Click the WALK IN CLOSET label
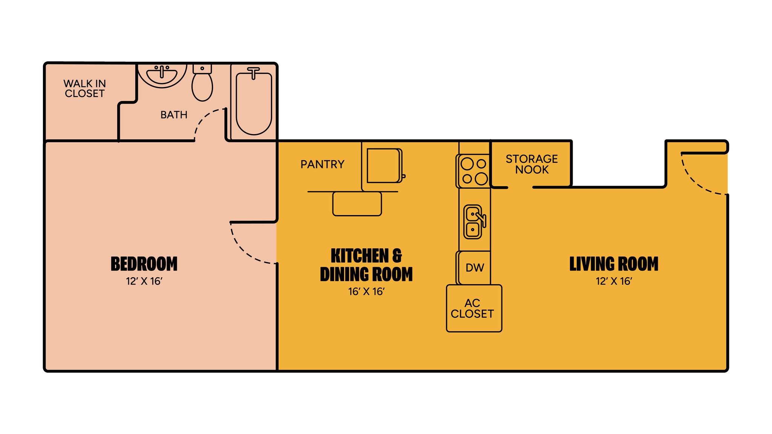point(84,89)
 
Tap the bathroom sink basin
point(162,75)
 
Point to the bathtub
point(254,104)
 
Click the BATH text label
point(174,115)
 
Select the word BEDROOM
point(144,264)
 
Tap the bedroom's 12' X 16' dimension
point(144,281)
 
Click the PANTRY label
point(322,165)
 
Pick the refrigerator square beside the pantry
point(383,166)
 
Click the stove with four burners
point(474,171)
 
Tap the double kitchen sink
point(473,222)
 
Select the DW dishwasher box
point(475,268)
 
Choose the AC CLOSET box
point(474,309)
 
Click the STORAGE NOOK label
point(532,164)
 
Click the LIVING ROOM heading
point(614,264)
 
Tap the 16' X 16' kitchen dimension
point(366,292)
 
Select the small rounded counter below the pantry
point(357,204)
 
